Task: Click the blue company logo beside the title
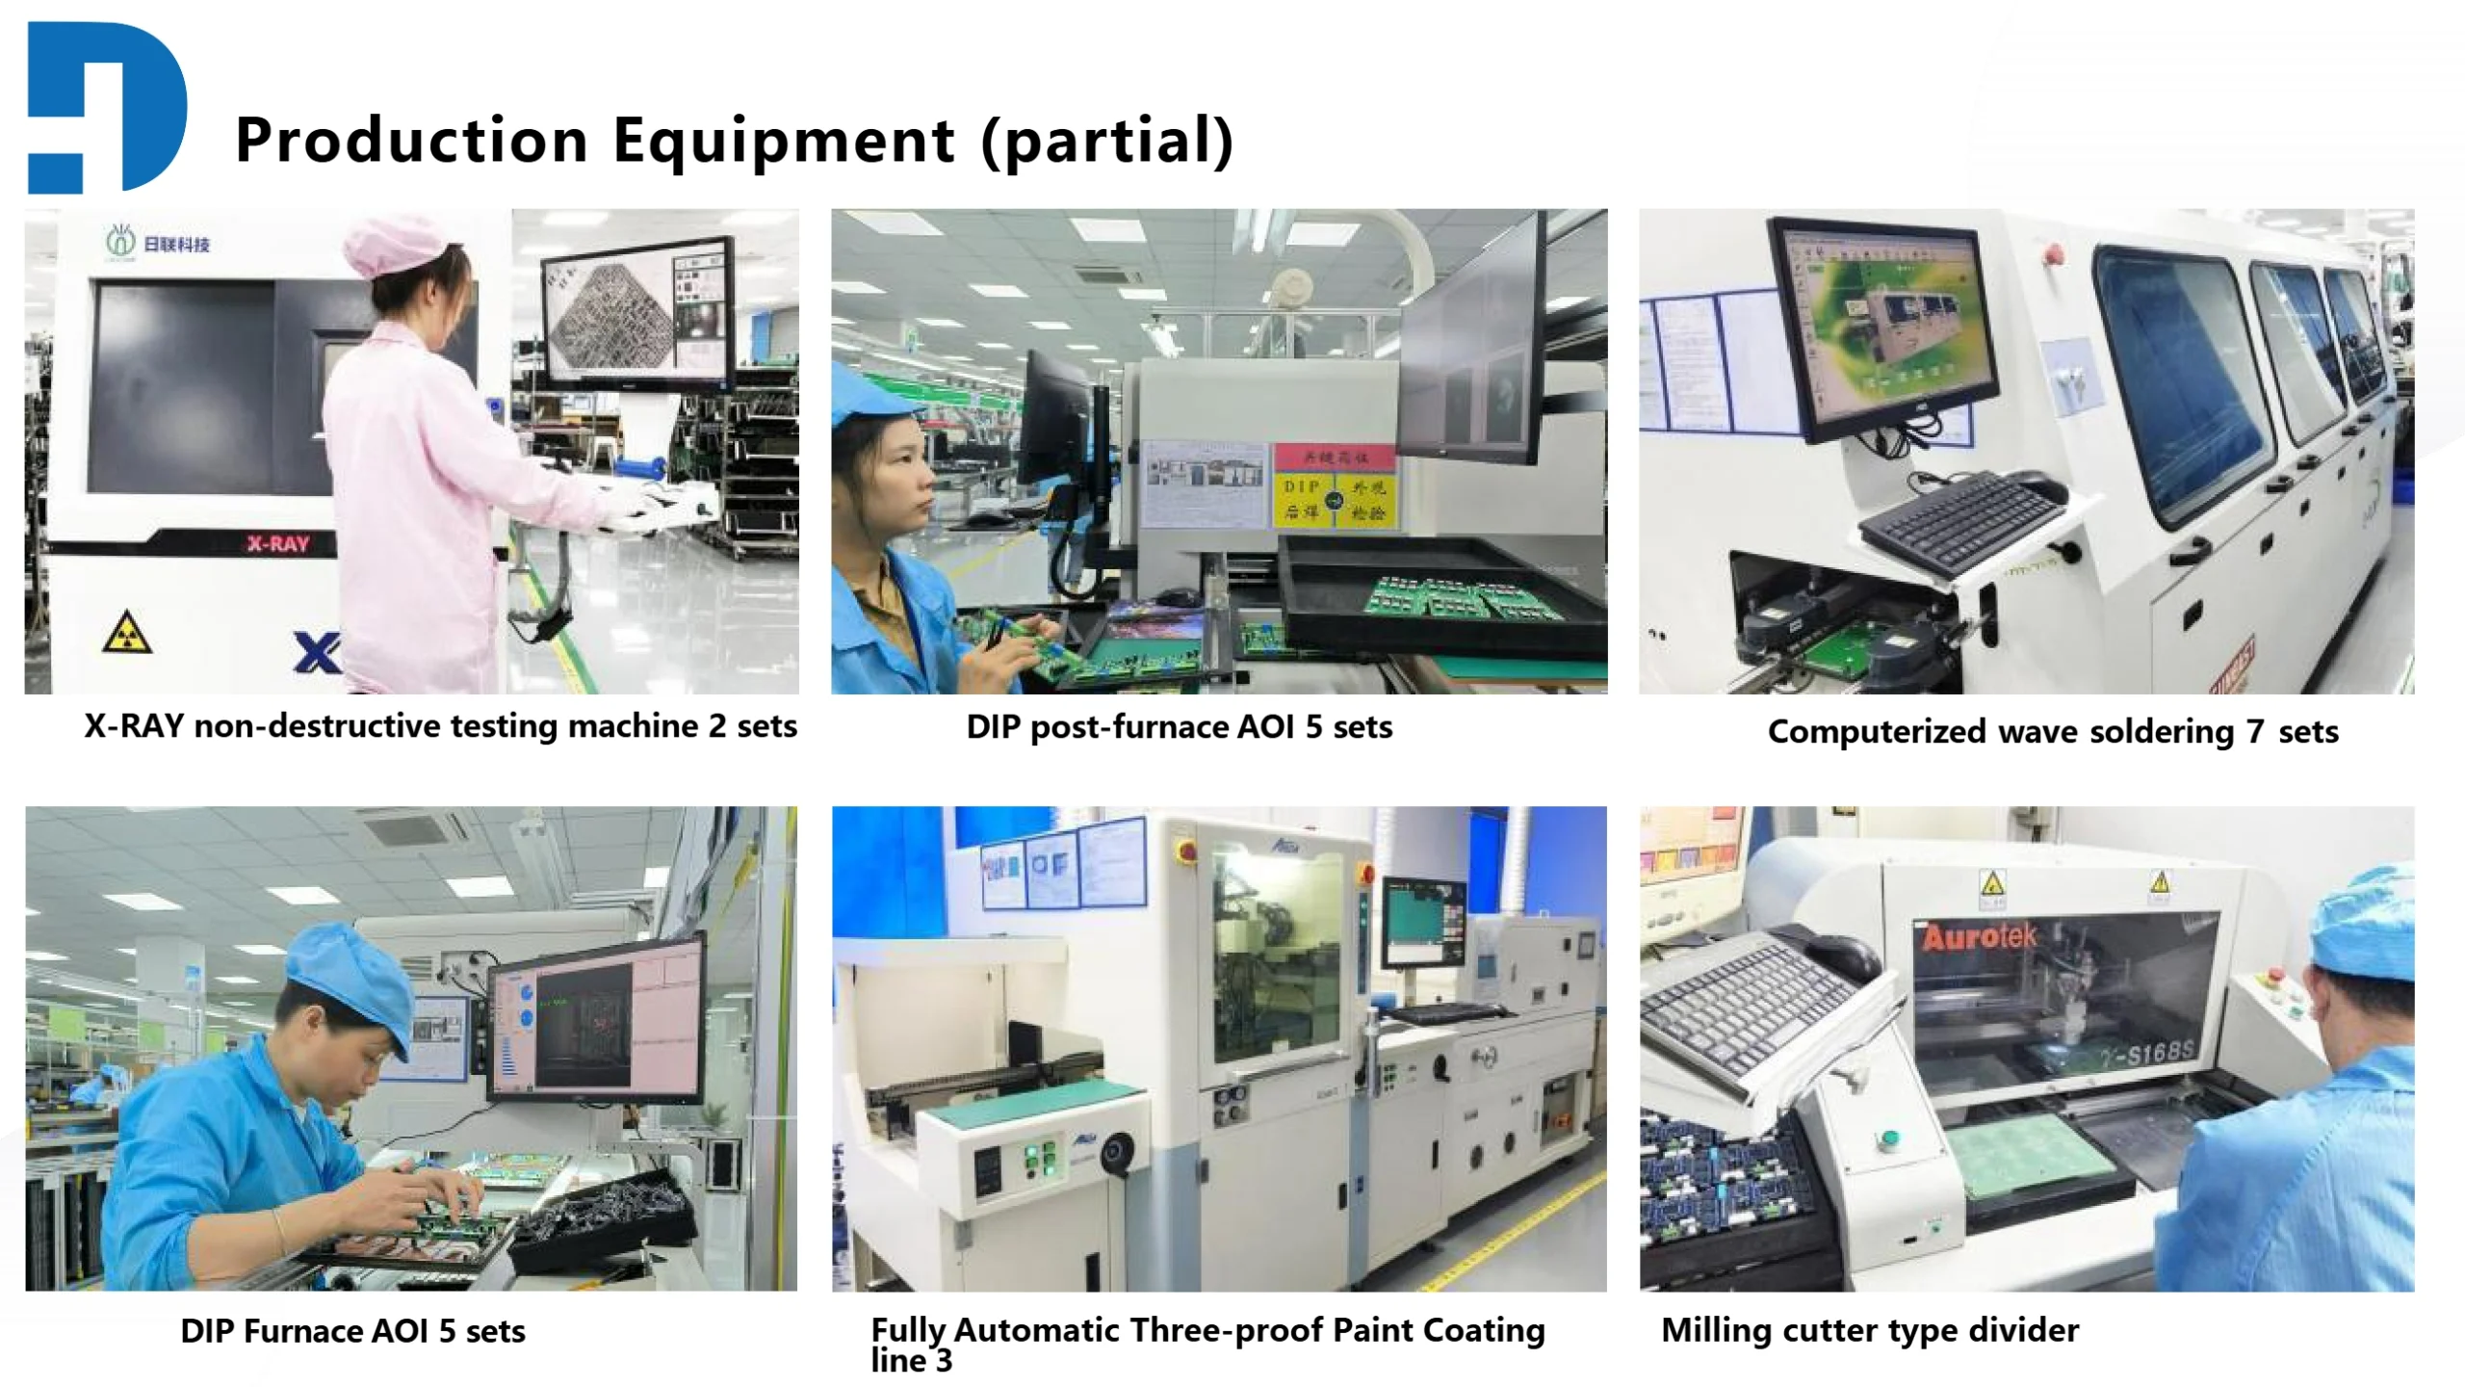[106, 106]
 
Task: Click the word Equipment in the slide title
[784, 141]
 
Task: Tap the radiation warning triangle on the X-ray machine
[127, 632]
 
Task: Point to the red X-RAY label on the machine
[277, 544]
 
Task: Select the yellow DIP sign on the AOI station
[1335, 500]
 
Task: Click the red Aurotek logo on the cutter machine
[1980, 936]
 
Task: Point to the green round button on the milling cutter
[1888, 1140]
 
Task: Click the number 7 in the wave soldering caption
[2255, 732]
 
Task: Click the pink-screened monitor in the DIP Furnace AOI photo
[597, 1021]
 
